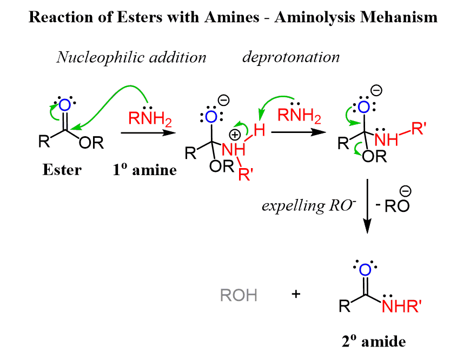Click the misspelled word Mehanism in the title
405,17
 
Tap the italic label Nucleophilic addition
131,57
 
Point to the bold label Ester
62,170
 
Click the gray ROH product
239,295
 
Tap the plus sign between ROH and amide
296,295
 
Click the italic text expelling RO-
307,205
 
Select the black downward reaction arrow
368,205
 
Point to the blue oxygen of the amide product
366,270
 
